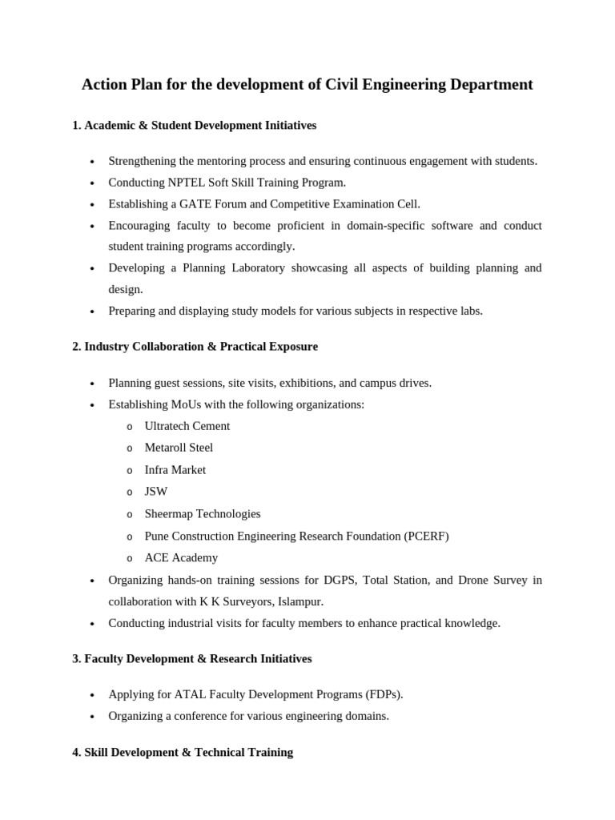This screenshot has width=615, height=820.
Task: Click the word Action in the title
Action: coord(104,85)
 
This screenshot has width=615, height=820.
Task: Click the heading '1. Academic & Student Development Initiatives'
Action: coord(194,126)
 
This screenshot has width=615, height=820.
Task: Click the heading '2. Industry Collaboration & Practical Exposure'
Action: coord(195,347)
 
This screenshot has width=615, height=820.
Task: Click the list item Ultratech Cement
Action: coord(187,426)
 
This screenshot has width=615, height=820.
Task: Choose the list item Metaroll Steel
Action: coord(179,448)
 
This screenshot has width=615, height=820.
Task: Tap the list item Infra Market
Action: coord(175,470)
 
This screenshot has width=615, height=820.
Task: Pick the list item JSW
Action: coord(156,492)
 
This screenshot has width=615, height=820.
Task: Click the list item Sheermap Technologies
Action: coord(202,514)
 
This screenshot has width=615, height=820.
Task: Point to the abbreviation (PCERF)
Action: coord(422,537)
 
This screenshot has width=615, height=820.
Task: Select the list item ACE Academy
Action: coord(181,558)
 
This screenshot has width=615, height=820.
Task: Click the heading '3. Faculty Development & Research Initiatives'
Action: coord(192,659)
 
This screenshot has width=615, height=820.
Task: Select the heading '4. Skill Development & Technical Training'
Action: coord(183,753)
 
